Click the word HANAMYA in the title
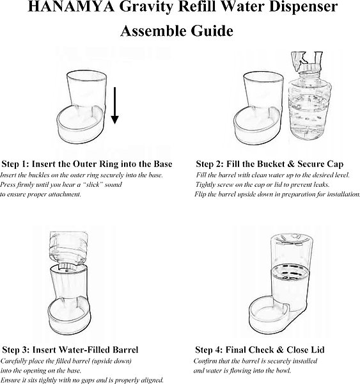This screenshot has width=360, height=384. coord(71,7)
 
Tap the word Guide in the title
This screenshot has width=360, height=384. coord(212,31)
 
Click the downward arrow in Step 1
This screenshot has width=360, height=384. coord(115,106)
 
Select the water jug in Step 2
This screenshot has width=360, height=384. coord(309,95)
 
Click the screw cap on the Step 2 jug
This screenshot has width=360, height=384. coord(309,67)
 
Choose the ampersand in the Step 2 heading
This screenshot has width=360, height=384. coord(291,164)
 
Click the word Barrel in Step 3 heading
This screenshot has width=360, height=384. coord(125,349)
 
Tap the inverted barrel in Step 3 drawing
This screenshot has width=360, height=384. coord(68,250)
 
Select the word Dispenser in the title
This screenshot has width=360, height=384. coord(304,7)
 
